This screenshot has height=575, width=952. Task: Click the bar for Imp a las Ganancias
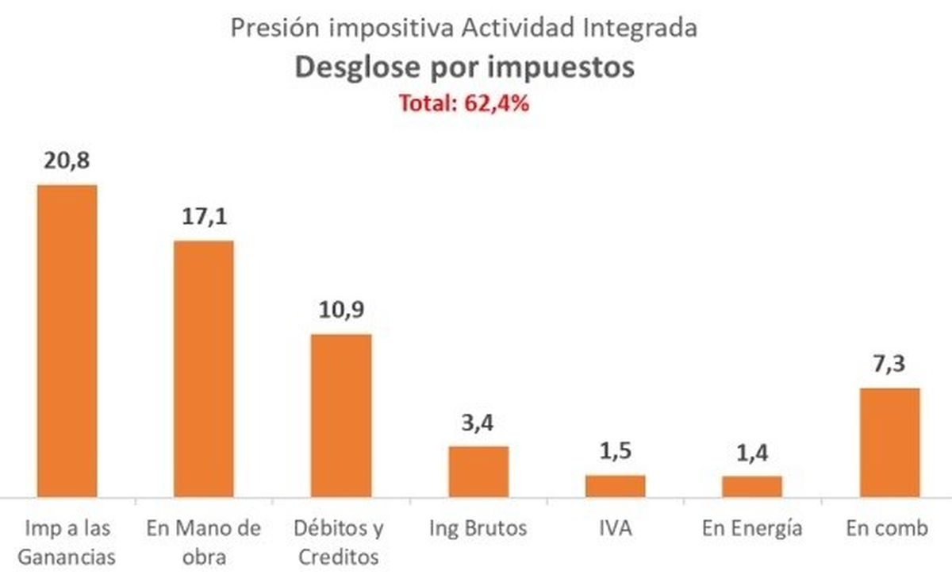(67, 342)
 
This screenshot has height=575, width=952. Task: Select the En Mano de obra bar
(204, 369)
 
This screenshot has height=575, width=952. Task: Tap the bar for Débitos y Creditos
(340, 415)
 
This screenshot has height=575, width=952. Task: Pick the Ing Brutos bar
(478, 472)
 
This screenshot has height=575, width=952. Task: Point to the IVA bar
(615, 486)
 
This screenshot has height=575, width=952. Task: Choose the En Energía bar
(751, 487)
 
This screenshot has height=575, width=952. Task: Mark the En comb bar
(889, 442)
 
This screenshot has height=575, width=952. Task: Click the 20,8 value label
(67, 161)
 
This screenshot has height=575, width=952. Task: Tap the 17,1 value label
(204, 217)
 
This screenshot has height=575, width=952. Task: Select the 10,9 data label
(340, 310)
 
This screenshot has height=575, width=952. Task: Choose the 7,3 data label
(889, 365)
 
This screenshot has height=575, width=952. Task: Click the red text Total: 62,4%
(464, 104)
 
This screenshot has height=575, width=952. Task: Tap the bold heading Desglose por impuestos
(465, 68)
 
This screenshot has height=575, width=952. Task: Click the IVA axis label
(615, 528)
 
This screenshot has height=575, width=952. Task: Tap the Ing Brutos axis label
(478, 528)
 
